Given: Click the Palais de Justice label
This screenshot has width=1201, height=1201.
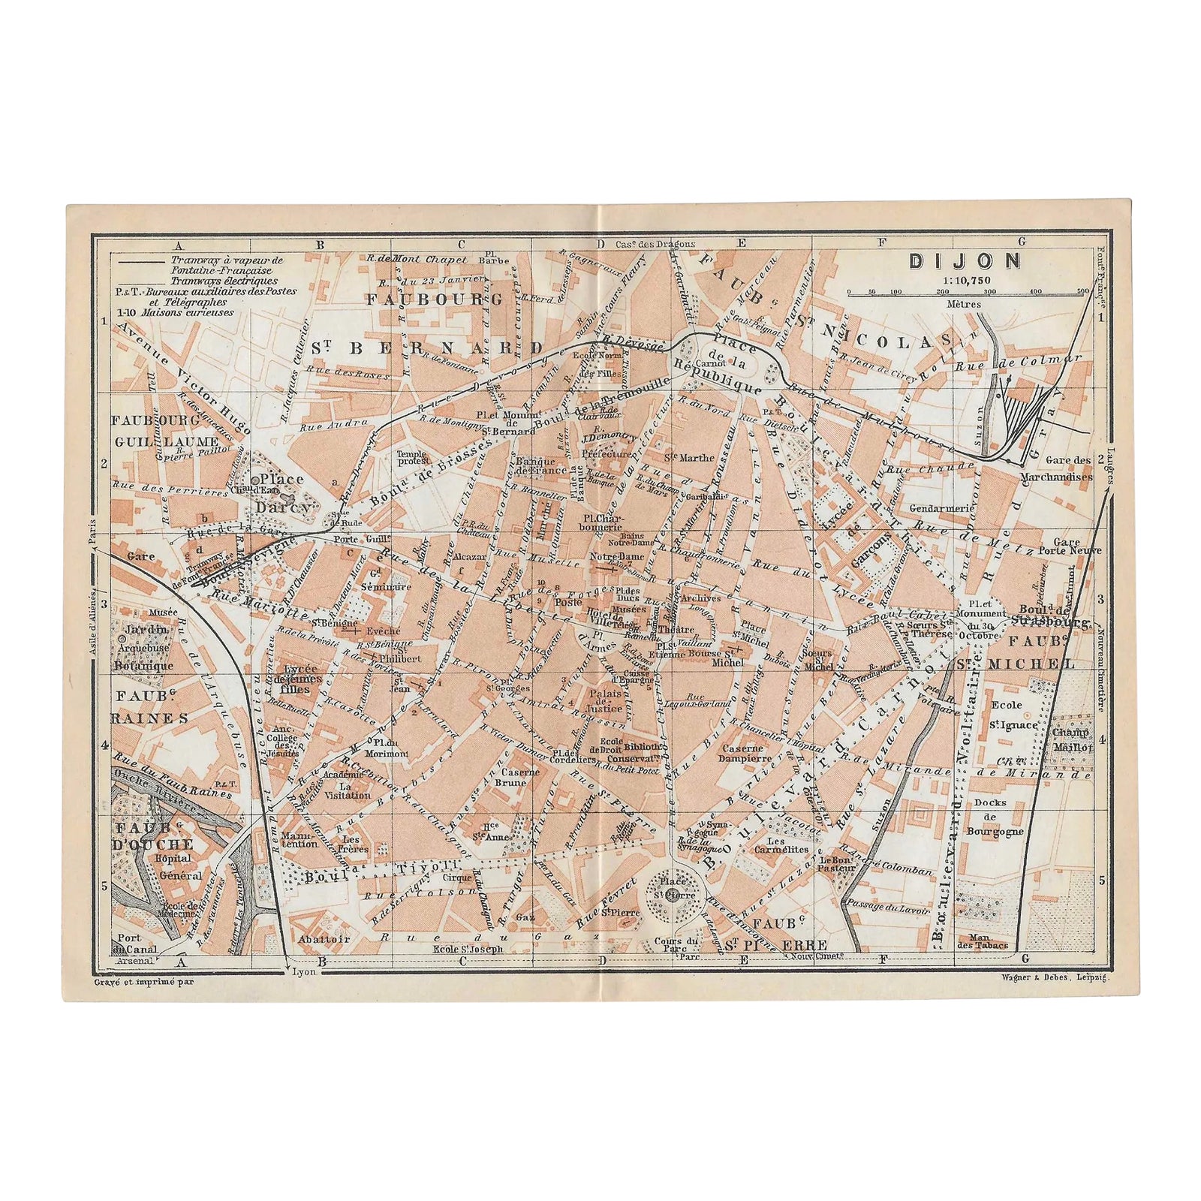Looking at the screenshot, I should pos(605,700).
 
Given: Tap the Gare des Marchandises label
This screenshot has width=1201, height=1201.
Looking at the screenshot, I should pos(1054,468).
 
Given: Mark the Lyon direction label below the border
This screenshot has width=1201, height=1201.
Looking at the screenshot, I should pos(303,971).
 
